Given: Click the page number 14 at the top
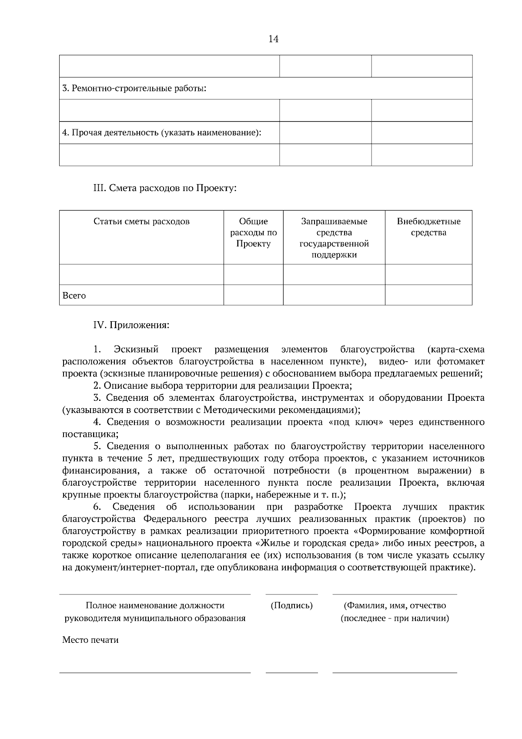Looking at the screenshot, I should click(273, 39).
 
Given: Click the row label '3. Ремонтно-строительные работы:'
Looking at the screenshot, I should click(134, 89).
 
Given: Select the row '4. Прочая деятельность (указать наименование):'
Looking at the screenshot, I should click(162, 133).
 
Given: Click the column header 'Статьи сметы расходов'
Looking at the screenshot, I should click(141, 222).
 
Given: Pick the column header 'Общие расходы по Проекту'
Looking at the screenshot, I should click(253, 232).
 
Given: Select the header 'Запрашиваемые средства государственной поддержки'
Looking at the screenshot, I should click(334, 238).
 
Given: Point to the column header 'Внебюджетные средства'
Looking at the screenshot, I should click(428, 227).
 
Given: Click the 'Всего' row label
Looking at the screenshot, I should click(74, 296).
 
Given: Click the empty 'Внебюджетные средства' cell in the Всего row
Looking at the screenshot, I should click(428, 295).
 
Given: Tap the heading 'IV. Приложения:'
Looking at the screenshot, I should click(131, 325).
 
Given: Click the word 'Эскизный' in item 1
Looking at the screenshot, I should click(136, 349).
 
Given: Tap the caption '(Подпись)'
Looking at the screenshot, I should click(291, 605).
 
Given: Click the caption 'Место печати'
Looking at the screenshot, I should click(90, 640).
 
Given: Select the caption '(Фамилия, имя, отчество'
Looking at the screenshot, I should click(395, 605).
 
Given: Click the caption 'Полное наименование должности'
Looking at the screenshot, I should click(155, 605).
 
